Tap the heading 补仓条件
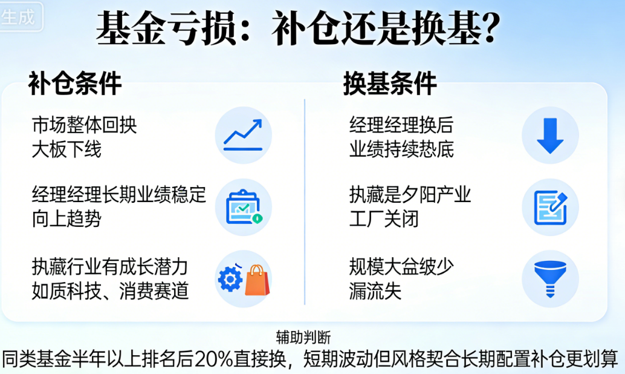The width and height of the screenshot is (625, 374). coord(75,84)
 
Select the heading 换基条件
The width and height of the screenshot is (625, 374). coord(390,84)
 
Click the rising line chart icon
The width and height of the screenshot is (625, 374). coord(243,135)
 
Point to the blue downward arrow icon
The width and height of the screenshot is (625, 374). coord(550,135)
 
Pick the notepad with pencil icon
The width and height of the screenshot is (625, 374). coord(550,207)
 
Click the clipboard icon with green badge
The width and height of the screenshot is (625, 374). coord(243,207)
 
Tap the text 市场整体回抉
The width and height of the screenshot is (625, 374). coord(85,125)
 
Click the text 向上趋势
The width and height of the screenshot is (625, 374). coord(66,218)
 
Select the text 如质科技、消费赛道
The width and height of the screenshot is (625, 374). coord(111,291)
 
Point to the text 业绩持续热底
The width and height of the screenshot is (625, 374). coord(401,149)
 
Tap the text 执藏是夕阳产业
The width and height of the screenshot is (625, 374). coord(410,195)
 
